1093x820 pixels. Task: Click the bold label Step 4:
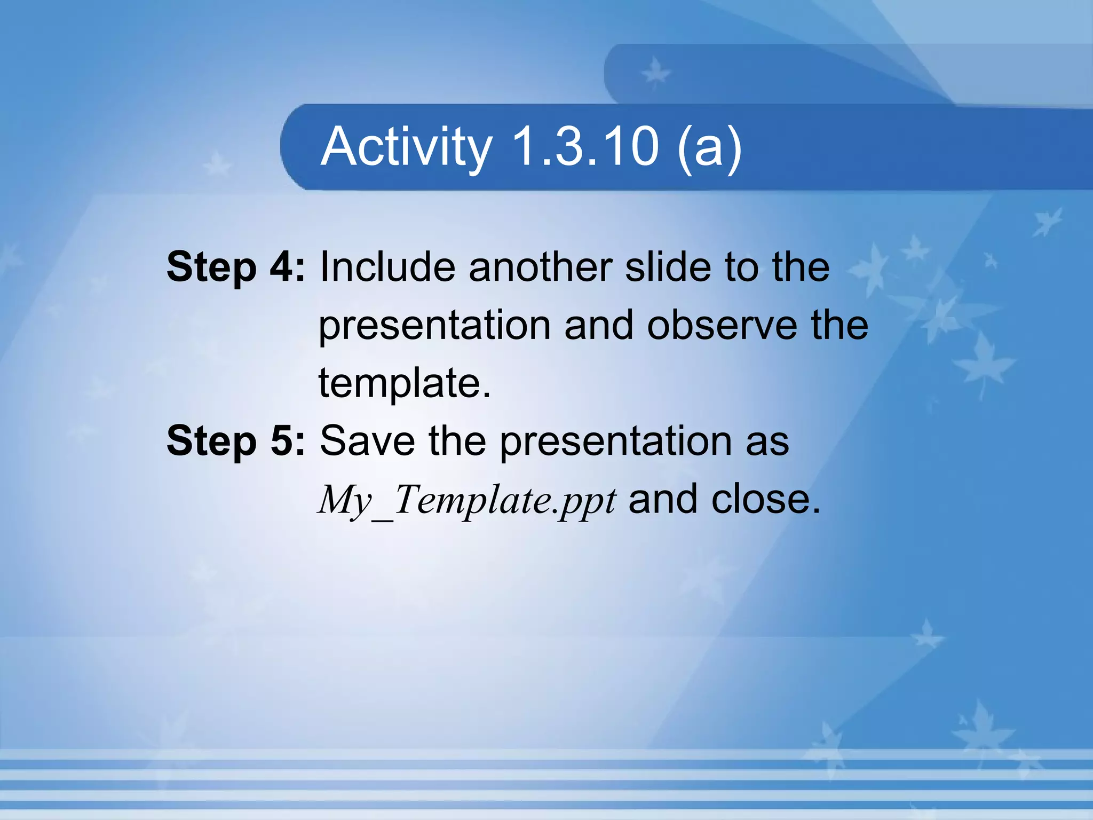coord(235,267)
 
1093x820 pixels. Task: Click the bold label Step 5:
coord(235,441)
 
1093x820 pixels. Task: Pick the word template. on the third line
coord(405,383)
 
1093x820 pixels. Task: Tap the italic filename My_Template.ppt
coord(467,501)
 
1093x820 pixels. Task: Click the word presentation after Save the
coord(615,443)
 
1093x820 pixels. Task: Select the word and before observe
coord(599,325)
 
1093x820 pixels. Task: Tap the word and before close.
coord(663,500)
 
